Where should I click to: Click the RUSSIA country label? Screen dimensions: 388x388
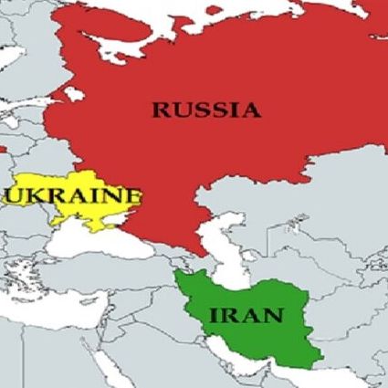205,110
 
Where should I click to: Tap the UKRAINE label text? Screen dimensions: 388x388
73,195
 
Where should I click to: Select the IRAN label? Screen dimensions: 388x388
246,317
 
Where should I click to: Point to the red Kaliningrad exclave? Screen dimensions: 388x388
3,147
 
